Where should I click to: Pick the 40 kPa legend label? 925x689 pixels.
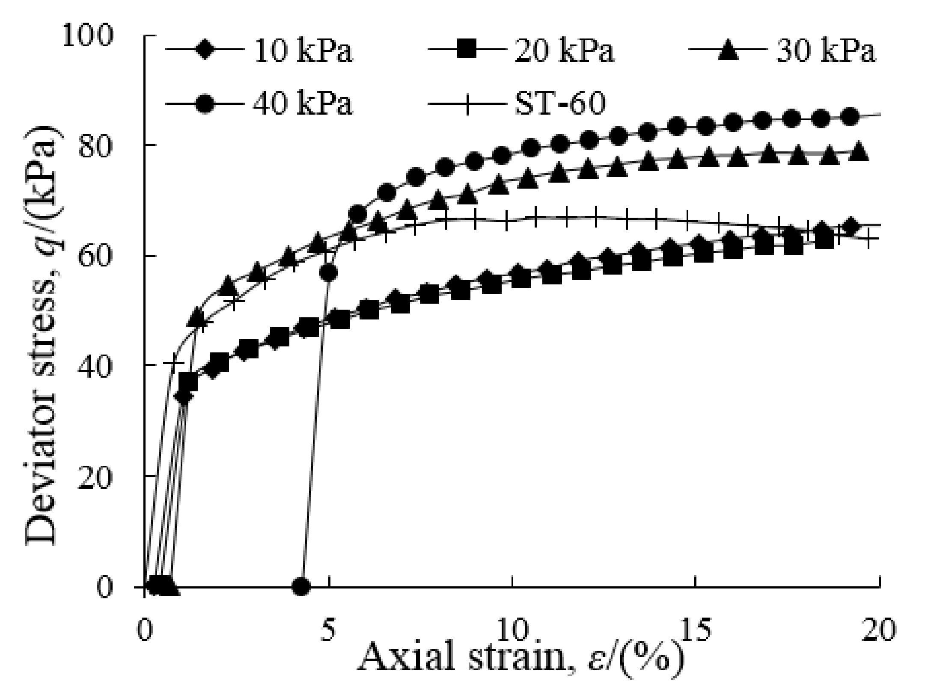(x=303, y=104)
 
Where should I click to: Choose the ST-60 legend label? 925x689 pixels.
(x=560, y=104)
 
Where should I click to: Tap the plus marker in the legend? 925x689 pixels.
(x=467, y=104)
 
